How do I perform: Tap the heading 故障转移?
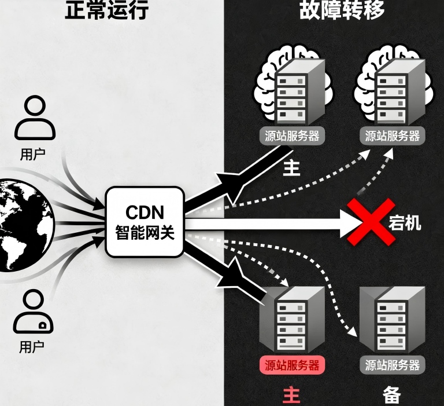click(342, 10)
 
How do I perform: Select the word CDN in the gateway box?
click(145, 212)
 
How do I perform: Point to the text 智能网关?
click(145, 233)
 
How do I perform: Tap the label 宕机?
click(405, 222)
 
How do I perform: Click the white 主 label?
click(291, 168)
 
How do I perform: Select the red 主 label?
click(291, 395)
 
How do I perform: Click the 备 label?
click(392, 395)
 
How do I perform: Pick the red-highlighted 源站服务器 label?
click(292, 365)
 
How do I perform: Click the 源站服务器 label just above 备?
click(393, 365)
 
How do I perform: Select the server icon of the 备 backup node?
click(391, 320)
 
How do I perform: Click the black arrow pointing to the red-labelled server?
click(231, 272)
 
